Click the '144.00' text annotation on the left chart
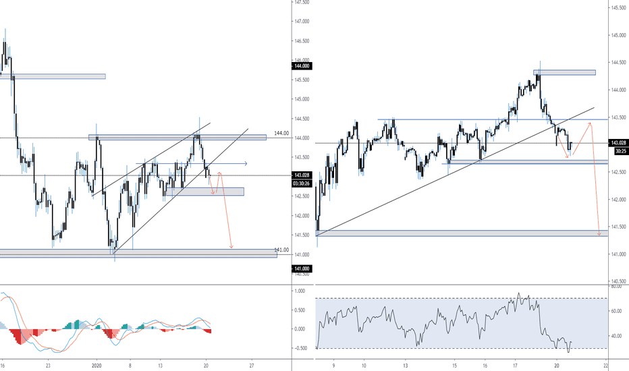click(x=281, y=133)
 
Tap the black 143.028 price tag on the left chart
click(x=301, y=175)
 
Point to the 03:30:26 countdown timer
click(x=301, y=183)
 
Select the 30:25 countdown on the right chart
click(x=618, y=151)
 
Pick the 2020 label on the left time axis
click(x=96, y=364)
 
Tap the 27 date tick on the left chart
click(x=251, y=364)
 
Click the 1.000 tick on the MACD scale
click(x=300, y=291)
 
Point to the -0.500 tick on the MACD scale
click(x=300, y=348)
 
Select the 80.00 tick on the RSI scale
click(x=616, y=287)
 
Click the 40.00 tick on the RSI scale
click(x=616, y=336)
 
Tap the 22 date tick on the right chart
click(x=605, y=364)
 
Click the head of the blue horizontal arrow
click(x=246, y=163)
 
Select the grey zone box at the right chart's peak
click(x=565, y=72)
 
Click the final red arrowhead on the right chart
click(x=599, y=233)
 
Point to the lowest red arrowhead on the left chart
click(x=231, y=247)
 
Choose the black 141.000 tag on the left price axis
click(x=301, y=269)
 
